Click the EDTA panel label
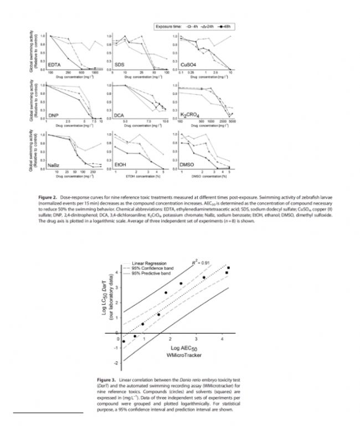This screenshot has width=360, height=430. tap(55, 64)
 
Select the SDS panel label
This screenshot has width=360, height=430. tap(119, 64)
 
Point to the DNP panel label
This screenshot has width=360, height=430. tap(54, 115)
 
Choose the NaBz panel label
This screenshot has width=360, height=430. tap(54, 165)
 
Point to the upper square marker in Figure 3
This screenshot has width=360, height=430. tap(229, 268)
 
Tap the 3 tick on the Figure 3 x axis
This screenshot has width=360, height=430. tap(196, 338)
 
